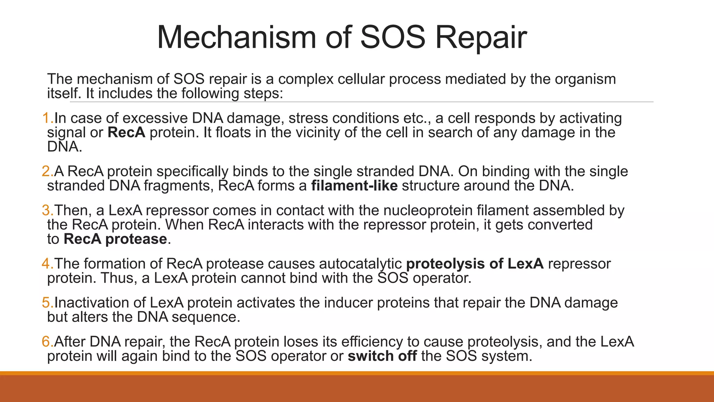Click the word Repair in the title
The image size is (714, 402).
point(481,38)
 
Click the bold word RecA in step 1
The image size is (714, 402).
point(126,133)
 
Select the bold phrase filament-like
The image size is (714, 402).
point(354,186)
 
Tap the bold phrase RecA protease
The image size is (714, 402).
point(115,239)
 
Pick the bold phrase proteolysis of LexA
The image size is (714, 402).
point(475,264)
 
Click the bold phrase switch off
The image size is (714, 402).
point(382,356)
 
